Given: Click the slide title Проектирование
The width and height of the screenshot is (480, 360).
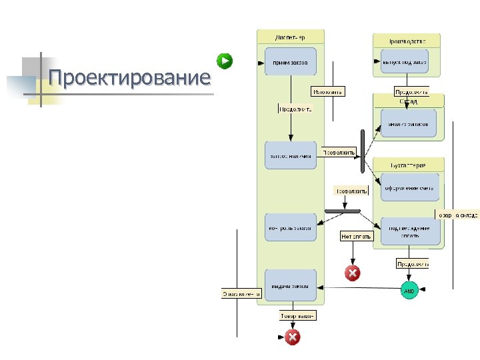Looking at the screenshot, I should tap(129, 78).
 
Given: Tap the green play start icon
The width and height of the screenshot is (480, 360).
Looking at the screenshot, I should tap(227, 61).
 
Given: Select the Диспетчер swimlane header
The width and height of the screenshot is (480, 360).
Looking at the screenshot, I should tap(290, 37).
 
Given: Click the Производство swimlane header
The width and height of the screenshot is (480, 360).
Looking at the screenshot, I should tap(407, 40).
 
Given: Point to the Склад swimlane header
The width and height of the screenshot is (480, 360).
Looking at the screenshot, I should tap(409, 101).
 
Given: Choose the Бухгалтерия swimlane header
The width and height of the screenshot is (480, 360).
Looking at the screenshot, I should tap(409, 163).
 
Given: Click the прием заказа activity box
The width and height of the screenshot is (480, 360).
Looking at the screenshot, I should tap(290, 62).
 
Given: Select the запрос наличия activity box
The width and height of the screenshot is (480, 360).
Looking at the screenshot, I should tap(290, 155).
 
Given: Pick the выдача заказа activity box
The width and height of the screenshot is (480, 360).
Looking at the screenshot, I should tap(290, 287).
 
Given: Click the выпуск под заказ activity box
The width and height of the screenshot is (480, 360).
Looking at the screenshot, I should tap(405, 61).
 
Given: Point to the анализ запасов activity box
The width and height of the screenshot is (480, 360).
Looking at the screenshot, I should tap(409, 123).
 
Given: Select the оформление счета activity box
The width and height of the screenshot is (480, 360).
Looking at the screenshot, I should tap(409, 187).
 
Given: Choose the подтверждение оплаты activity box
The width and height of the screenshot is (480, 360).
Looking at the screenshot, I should tap(410, 231).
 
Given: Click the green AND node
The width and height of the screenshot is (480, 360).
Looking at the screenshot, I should tap(409, 291).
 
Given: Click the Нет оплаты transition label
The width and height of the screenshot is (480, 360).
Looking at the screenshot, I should tap(357, 236).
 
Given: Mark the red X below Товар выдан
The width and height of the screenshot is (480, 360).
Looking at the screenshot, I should tap(292, 337).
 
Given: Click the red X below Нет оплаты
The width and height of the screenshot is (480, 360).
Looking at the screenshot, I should tap(352, 273).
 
